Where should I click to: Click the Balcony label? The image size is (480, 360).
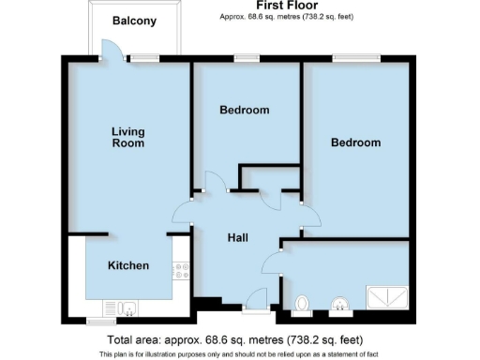[x=134, y=21]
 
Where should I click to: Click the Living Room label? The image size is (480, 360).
[x=127, y=137]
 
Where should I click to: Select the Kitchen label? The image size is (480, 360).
[x=127, y=265]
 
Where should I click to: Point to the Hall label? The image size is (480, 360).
[x=238, y=238]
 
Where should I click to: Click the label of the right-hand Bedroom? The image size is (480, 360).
[x=355, y=142]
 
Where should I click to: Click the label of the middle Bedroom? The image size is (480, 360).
[x=244, y=110]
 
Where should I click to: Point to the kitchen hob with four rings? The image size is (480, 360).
[x=180, y=271]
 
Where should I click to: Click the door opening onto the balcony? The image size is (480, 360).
[x=110, y=52]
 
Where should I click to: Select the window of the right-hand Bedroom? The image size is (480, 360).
[x=355, y=58]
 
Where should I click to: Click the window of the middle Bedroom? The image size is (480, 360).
[x=247, y=58]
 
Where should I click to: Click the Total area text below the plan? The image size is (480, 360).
[x=235, y=338]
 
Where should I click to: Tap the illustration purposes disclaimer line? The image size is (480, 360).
[x=239, y=353]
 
